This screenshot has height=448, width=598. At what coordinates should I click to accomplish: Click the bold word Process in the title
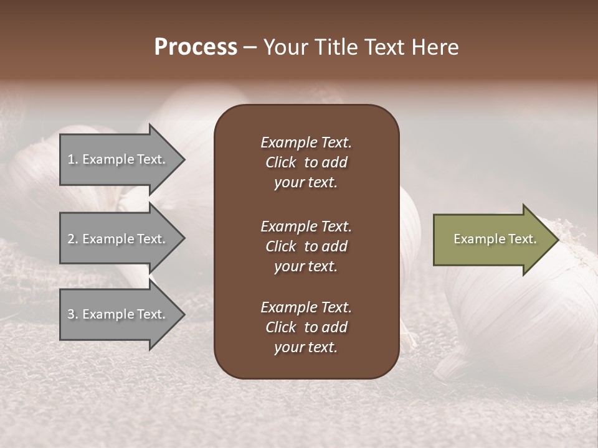[x=196, y=47]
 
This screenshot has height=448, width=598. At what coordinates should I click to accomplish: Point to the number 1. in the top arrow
[x=73, y=159]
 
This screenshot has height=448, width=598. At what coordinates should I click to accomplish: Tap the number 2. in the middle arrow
[x=73, y=239]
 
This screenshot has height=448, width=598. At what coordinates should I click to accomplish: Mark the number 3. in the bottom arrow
[x=73, y=314]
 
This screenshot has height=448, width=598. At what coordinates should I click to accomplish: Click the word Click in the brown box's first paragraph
[x=280, y=162]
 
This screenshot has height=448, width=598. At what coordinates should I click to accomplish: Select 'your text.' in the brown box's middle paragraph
[x=306, y=266]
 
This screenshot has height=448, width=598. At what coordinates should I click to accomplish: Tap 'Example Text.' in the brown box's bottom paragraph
[x=306, y=307]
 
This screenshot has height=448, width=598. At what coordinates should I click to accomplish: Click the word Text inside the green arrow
[x=522, y=239]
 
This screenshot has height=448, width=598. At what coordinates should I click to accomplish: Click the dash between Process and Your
[x=250, y=48]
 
